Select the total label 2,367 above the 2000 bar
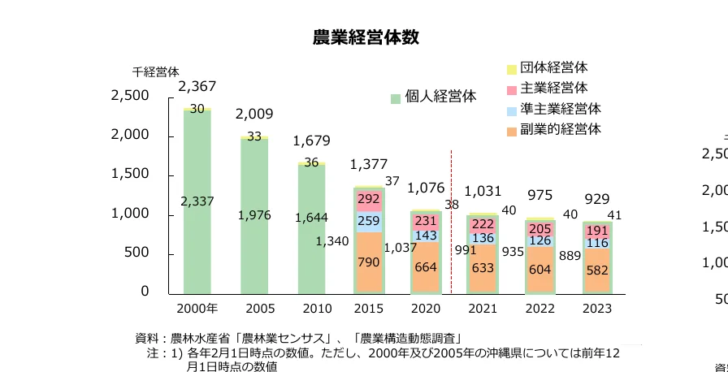[197, 87]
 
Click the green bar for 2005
[254, 227]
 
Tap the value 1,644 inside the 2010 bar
[312, 217]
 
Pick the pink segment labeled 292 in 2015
[369, 199]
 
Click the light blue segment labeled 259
[369, 221]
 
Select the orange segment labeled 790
[369, 262]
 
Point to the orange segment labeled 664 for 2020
[426, 267]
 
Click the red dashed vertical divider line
[452, 219]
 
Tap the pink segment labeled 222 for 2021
[483, 224]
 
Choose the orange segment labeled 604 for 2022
[540, 269]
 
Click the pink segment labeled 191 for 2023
[597, 230]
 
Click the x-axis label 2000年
[197, 309]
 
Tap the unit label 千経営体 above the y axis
[155, 71]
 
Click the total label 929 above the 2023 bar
[597, 199]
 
